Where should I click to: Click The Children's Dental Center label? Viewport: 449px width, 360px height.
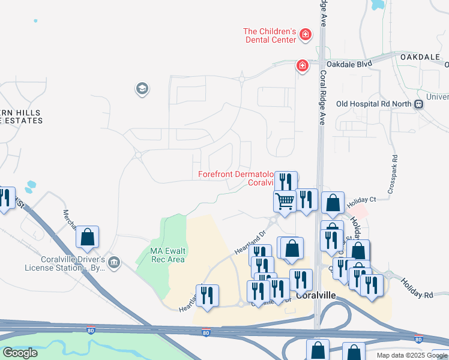[270, 35]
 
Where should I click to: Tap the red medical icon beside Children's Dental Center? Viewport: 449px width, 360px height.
[306, 35]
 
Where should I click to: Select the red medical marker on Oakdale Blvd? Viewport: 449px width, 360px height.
[302, 65]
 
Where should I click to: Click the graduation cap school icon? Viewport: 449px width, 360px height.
[142, 89]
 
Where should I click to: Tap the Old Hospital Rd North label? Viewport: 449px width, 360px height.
[374, 104]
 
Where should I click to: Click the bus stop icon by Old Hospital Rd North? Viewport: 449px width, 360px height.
[419, 104]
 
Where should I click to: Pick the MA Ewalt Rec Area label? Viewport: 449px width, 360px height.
[159, 254]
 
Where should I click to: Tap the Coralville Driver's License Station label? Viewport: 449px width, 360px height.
[64, 263]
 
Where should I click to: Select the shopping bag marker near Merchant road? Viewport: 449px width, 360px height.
[88, 237]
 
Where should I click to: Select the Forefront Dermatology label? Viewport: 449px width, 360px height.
[236, 175]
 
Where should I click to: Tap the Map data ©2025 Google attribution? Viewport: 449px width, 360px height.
[411, 355]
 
